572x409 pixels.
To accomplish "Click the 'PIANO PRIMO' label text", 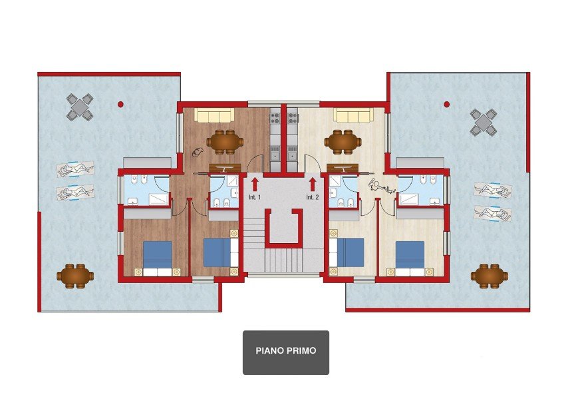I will click(285, 350).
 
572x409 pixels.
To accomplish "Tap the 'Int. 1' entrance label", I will click(254, 198).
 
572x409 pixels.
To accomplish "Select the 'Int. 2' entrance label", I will click(313, 198).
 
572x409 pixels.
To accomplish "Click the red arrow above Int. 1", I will click(254, 184).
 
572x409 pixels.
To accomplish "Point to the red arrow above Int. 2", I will click(313, 184).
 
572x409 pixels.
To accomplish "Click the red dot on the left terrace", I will click(120, 105).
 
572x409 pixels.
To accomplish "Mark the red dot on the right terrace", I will click(446, 104).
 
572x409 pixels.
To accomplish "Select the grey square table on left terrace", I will click(80, 107).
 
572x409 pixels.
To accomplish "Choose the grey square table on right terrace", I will click(484, 122).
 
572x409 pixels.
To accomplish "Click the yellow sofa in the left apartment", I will click(214, 116).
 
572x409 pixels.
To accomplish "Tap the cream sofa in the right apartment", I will click(353, 116).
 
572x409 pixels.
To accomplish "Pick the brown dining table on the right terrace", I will click(489, 274).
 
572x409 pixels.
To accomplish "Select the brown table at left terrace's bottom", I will click(74, 274).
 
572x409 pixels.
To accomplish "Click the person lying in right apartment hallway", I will click(382, 187).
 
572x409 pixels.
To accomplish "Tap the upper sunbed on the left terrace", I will click(75, 169).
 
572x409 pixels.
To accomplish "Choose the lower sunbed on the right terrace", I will click(493, 214).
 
